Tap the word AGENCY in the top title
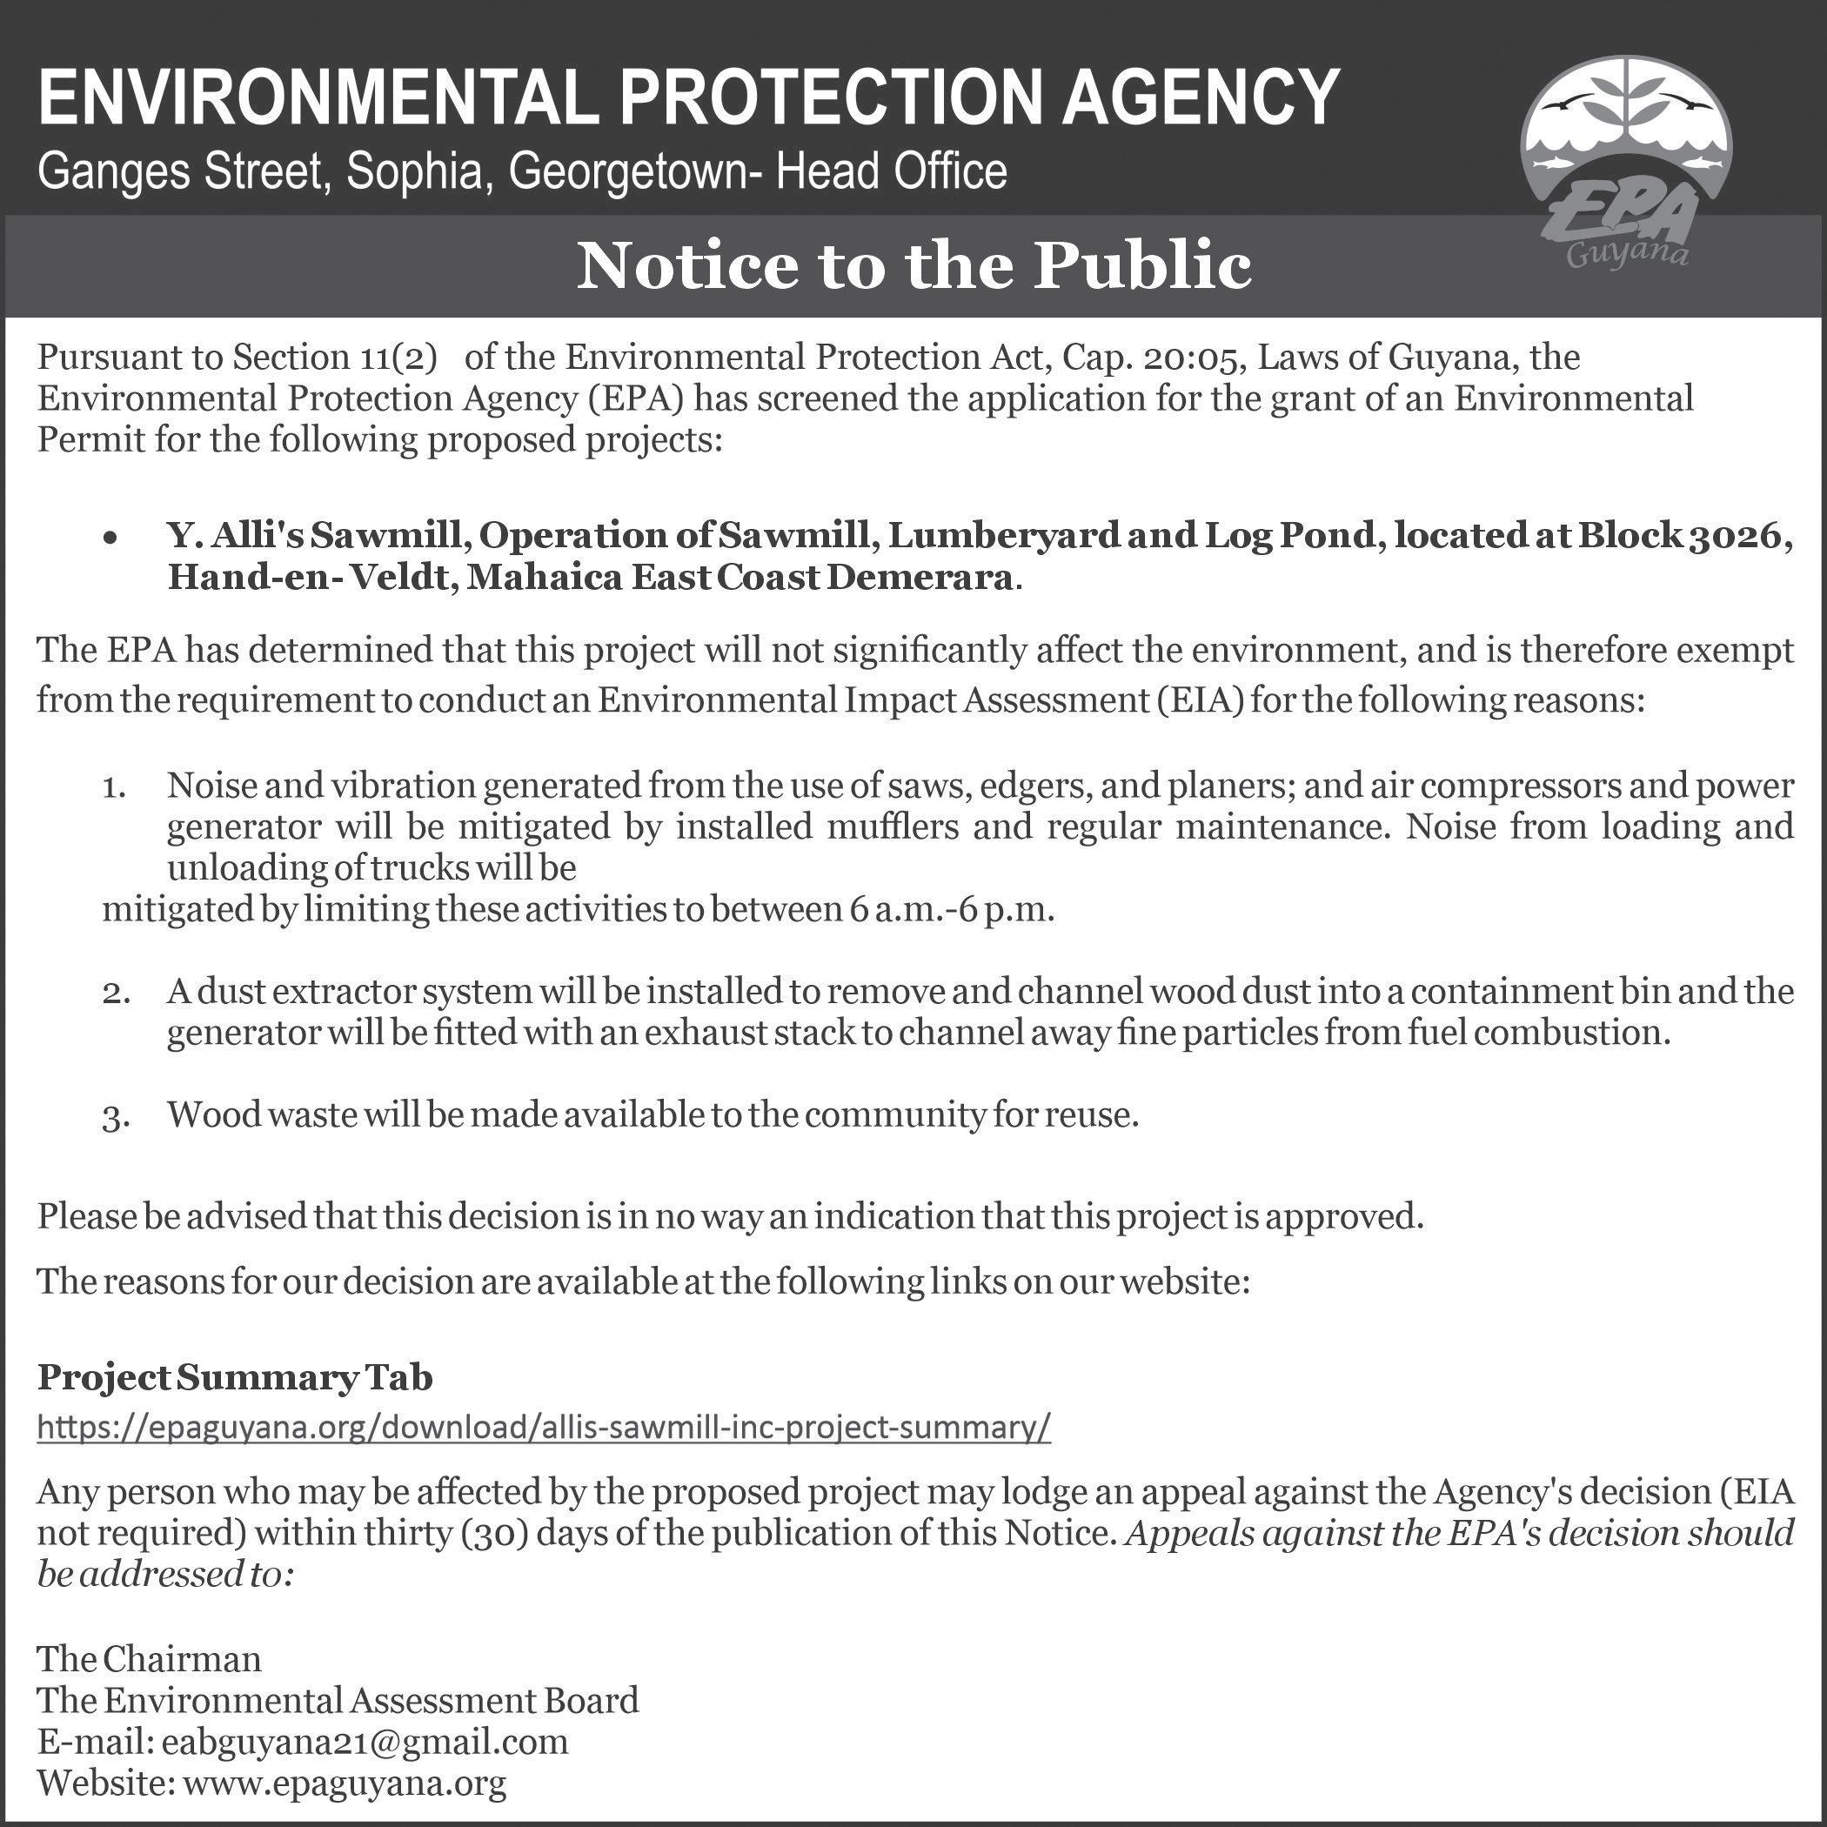tap(1201, 97)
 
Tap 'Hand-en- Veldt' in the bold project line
tap(302, 577)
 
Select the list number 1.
tap(113, 787)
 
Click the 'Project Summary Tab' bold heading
tap(235, 1378)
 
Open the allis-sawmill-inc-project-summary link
tap(544, 1427)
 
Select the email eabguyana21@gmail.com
tap(365, 1742)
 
